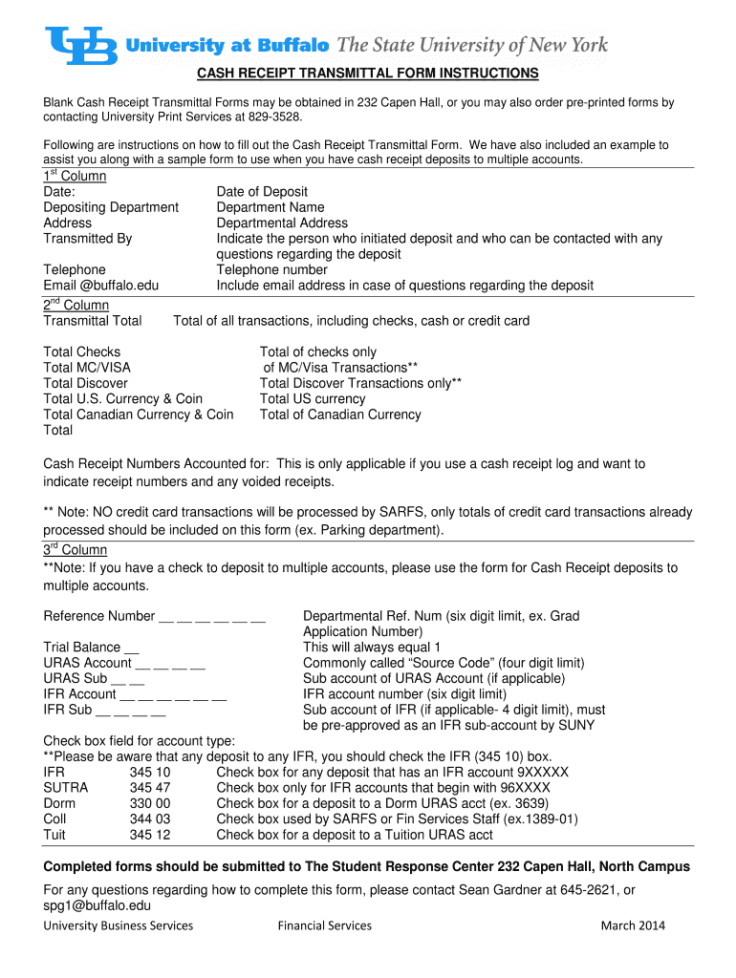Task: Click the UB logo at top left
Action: pyautogui.click(x=81, y=45)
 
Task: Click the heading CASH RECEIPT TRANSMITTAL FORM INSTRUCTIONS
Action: pyautogui.click(x=368, y=74)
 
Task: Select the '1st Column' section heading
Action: pyautogui.click(x=75, y=177)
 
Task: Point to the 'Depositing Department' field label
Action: pyautogui.click(x=111, y=207)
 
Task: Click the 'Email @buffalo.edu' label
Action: pyautogui.click(x=101, y=285)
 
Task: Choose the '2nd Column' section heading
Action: pyautogui.click(x=76, y=306)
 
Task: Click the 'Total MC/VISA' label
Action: pyautogui.click(x=87, y=368)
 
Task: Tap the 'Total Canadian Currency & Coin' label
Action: pyautogui.click(x=139, y=415)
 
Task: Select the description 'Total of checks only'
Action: pyautogui.click(x=317, y=352)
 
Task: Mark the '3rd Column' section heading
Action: pyautogui.click(x=76, y=550)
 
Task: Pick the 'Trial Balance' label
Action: pyautogui.click(x=82, y=648)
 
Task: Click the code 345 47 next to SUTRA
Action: pyautogui.click(x=150, y=788)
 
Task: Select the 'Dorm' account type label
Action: pyautogui.click(x=60, y=803)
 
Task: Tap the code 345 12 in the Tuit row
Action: pyautogui.click(x=150, y=835)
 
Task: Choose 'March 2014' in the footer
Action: pyautogui.click(x=632, y=925)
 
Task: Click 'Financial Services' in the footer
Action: pyautogui.click(x=324, y=925)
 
